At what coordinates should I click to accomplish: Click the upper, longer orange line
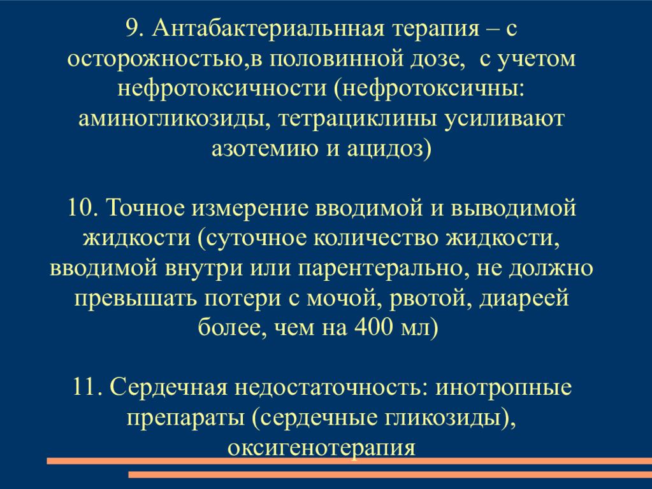349,460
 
